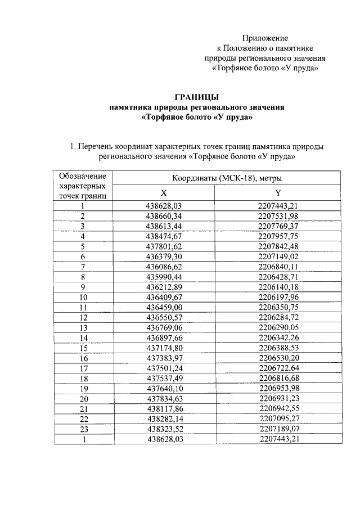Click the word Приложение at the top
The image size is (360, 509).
pos(265,38)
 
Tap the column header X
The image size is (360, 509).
pos(164,192)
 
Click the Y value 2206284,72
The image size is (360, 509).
pos(278,317)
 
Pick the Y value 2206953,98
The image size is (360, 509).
pos(278,388)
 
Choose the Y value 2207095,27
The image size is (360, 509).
pos(278,418)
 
